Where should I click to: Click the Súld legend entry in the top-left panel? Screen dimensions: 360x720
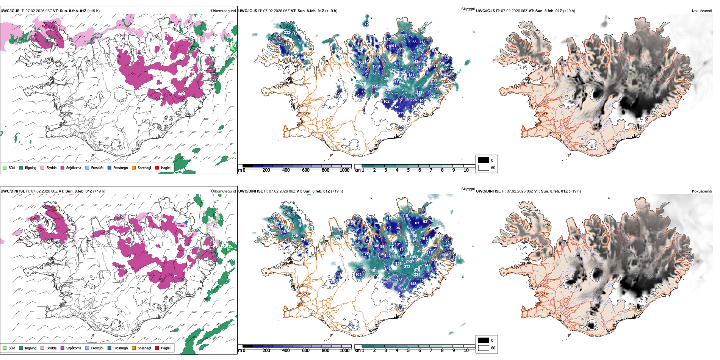(9, 167)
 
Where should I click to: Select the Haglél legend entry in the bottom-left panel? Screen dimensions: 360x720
(163, 348)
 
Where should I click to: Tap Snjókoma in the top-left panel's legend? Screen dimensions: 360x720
(71, 167)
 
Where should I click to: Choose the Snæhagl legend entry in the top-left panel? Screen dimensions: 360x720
(141, 167)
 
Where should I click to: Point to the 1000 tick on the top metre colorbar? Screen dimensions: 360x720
(344, 170)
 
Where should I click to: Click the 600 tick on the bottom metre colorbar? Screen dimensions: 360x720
(306, 351)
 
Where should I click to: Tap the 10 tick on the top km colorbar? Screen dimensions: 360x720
(466, 170)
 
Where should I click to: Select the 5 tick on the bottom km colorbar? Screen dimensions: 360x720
(409, 351)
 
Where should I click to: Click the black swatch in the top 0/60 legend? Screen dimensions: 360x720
(484, 160)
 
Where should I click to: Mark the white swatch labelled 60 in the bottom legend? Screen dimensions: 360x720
(484, 348)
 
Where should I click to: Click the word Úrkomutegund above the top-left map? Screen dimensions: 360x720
(223, 11)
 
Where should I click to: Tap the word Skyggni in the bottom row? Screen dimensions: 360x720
(468, 189)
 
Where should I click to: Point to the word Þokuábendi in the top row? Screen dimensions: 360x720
(702, 11)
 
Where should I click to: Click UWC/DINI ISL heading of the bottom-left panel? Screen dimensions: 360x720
(13, 191)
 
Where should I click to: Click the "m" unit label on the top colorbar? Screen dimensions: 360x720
(239, 170)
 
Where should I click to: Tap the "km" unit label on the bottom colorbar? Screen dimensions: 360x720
(357, 351)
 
